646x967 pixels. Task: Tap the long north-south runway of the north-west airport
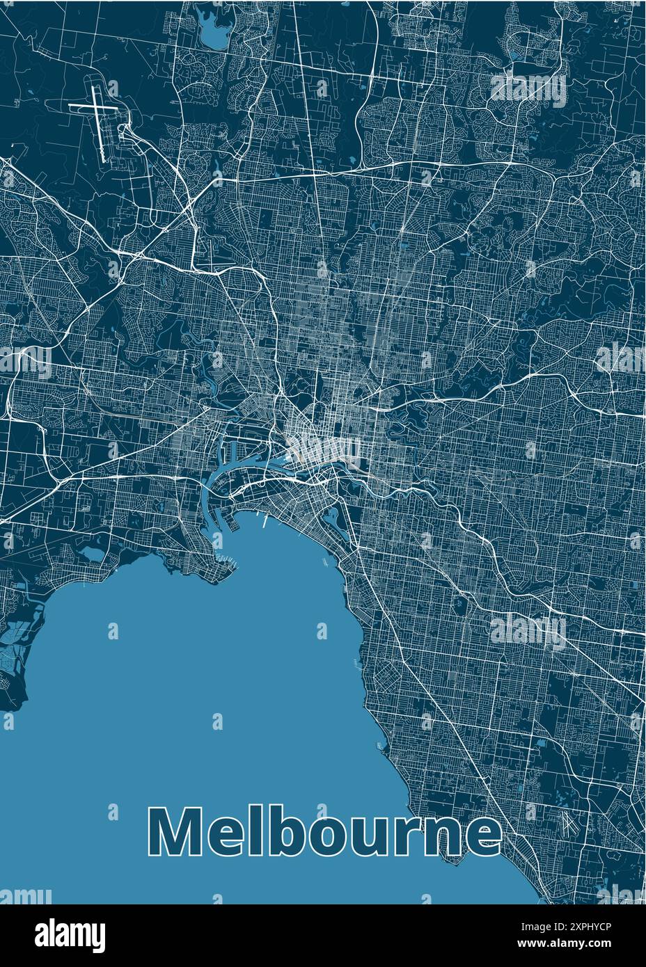click(x=101, y=125)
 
